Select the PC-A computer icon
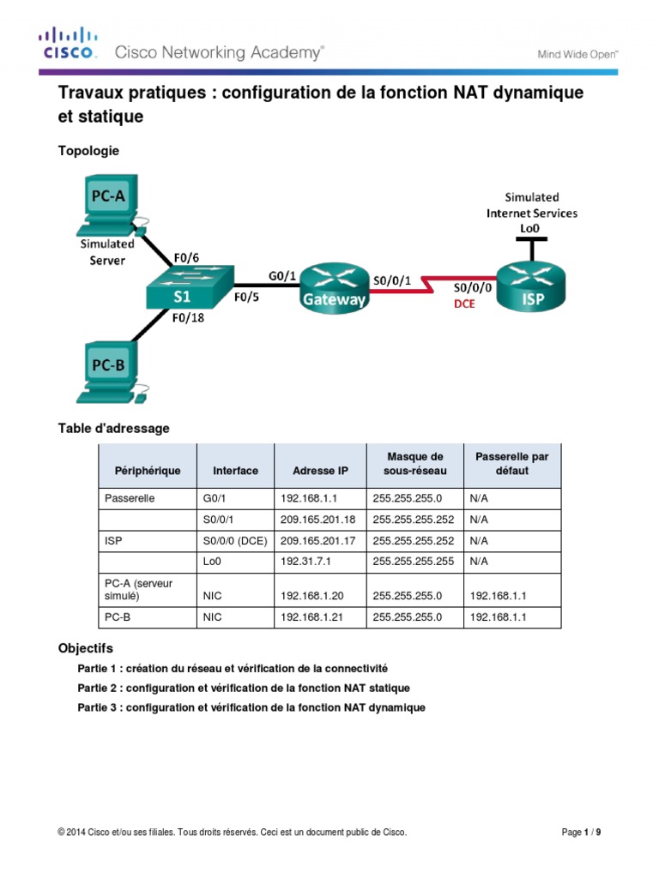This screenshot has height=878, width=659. pos(110,206)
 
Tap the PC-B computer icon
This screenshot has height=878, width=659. pos(110,370)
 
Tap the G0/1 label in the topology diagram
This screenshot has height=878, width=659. pos(283,276)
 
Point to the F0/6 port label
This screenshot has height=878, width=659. pos(187,256)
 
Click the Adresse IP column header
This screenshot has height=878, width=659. pos(320,471)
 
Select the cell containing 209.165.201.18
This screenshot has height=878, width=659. pos(320,520)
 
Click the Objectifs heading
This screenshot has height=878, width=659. pos(85,649)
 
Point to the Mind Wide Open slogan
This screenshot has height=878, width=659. pos(577,53)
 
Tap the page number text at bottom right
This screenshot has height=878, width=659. pos(587,832)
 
